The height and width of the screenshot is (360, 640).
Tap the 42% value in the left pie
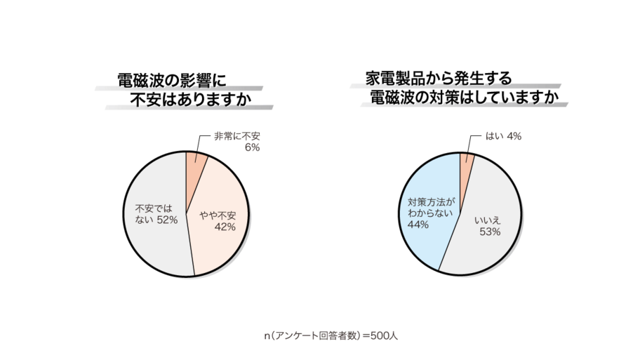click(225, 227)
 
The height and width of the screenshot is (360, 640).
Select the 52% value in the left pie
click(167, 220)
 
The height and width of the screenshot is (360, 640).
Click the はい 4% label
click(502, 136)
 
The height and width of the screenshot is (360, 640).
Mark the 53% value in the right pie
click(490, 232)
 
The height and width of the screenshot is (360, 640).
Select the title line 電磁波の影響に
click(171, 80)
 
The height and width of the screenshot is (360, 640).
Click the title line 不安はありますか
click(190, 100)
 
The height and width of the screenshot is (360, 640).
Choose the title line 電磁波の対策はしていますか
click(464, 98)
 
